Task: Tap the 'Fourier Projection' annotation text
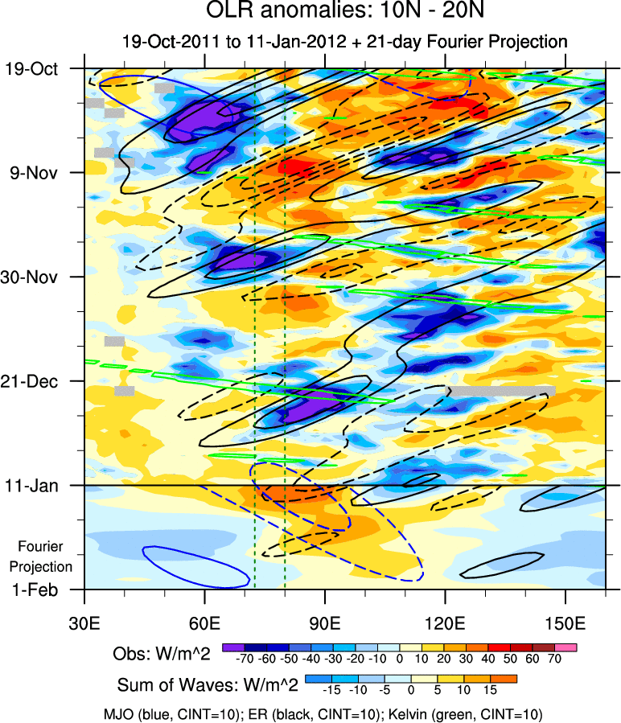(x=45, y=557)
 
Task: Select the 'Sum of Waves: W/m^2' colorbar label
(x=208, y=685)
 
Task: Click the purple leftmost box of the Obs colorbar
(x=233, y=647)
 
